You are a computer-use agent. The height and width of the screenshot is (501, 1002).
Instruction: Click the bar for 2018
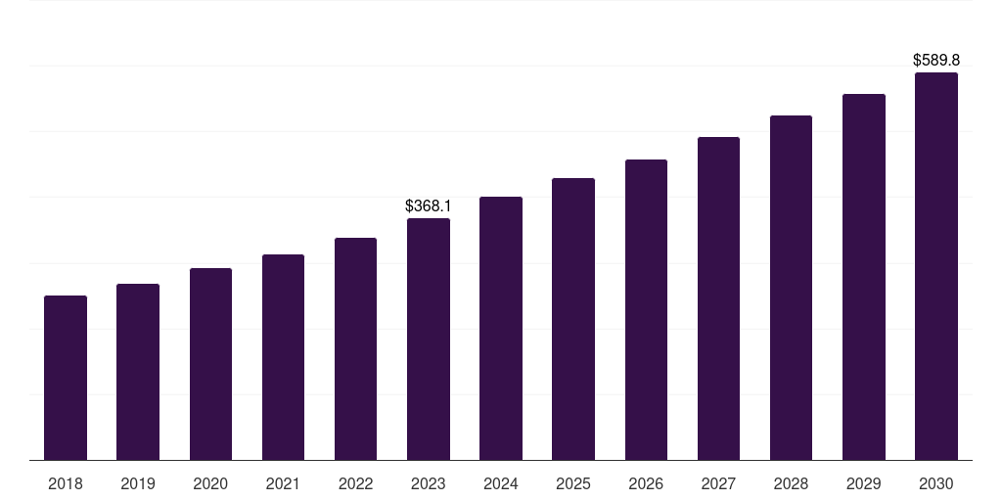pos(66,378)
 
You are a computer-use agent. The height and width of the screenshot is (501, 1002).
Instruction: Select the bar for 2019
pos(138,372)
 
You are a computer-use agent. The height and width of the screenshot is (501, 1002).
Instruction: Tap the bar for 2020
pos(210,364)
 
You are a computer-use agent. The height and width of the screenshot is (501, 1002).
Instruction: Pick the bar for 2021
pos(283,357)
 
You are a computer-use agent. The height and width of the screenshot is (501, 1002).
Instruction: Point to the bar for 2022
pos(355,348)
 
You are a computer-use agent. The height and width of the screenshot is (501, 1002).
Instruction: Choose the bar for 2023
pos(428,339)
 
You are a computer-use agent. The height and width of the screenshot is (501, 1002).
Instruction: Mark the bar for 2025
pos(573,319)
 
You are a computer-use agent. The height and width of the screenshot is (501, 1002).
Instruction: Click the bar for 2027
pos(718,298)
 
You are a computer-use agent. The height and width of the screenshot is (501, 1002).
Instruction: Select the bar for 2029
pos(863,277)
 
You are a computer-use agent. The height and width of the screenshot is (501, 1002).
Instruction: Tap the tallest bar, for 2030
pos(935,266)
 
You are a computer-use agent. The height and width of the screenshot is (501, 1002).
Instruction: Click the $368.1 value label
pos(428,206)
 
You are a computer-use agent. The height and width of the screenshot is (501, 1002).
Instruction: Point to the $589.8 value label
pos(935,61)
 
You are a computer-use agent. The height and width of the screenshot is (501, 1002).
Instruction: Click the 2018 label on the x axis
pos(66,483)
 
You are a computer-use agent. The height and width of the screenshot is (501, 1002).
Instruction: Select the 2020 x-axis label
pos(210,483)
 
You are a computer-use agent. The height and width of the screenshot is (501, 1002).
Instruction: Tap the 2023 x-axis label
pos(428,483)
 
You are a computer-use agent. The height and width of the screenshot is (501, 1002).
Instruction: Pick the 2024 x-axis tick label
pos(501,483)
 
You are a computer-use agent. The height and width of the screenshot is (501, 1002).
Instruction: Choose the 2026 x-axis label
pos(646,483)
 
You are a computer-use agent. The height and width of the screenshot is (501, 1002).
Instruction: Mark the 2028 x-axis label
pos(791,483)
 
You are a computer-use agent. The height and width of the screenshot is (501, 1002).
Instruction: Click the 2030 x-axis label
pos(935,483)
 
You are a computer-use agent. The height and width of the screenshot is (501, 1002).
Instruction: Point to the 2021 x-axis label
pos(283,483)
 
